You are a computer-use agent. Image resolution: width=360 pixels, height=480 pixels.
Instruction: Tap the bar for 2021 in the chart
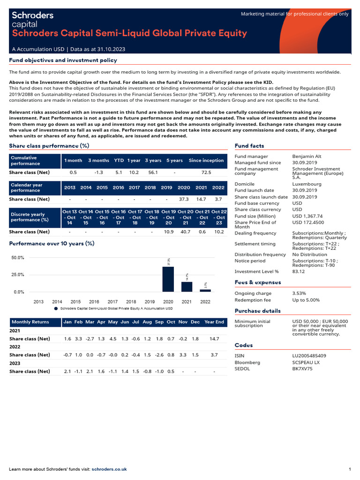tap(187, 286)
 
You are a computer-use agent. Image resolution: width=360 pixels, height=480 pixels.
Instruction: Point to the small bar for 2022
tap(205, 291)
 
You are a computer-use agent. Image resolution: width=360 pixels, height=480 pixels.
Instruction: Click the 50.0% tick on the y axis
tap(18, 258)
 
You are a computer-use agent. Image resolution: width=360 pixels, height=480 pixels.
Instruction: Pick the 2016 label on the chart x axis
tap(94, 302)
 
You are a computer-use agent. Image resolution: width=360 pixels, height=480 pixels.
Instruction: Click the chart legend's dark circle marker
tap(56, 309)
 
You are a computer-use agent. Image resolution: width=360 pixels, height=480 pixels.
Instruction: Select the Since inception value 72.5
tap(206, 172)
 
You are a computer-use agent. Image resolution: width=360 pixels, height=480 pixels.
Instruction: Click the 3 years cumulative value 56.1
tap(153, 172)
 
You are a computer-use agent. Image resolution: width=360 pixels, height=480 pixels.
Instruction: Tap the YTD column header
tap(119, 160)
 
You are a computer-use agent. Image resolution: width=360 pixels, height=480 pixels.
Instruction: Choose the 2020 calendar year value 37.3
tap(184, 199)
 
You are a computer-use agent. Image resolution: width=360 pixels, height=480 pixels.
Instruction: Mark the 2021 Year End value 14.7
tap(214, 338)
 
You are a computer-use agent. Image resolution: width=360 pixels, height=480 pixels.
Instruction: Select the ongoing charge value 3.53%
tap(300, 293)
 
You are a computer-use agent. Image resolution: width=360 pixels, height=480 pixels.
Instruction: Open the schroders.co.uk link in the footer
tap(109, 469)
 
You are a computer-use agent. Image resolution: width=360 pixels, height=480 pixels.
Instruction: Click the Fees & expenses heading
tap(258, 282)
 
